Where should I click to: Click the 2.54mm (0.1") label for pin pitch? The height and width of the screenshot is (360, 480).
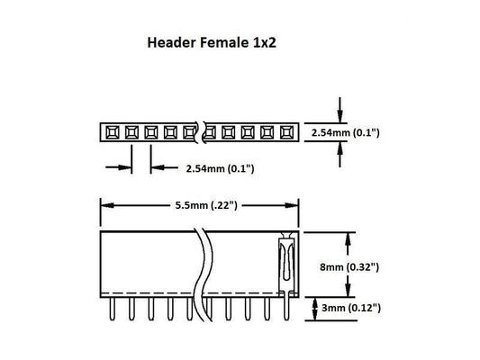(220, 168)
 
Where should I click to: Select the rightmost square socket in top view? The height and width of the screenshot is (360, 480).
(287, 133)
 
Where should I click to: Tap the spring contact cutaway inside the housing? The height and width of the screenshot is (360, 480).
(285, 261)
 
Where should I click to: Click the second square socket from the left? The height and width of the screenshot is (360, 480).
(131, 133)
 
